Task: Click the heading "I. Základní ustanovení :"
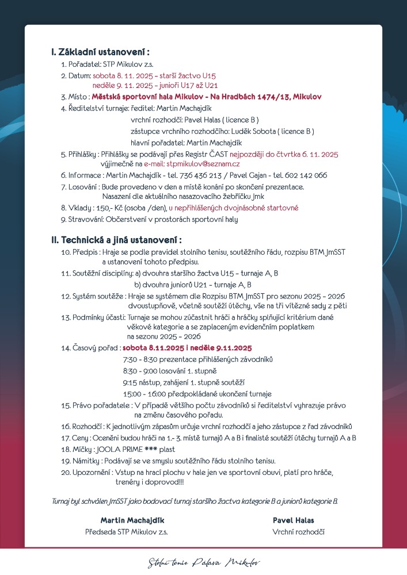[104, 52]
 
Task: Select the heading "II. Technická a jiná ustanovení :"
[116, 240]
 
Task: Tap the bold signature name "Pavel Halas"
[293, 520]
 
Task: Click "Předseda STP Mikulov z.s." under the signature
[127, 532]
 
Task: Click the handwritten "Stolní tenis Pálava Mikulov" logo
[204, 561]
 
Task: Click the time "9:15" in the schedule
[130, 382]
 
